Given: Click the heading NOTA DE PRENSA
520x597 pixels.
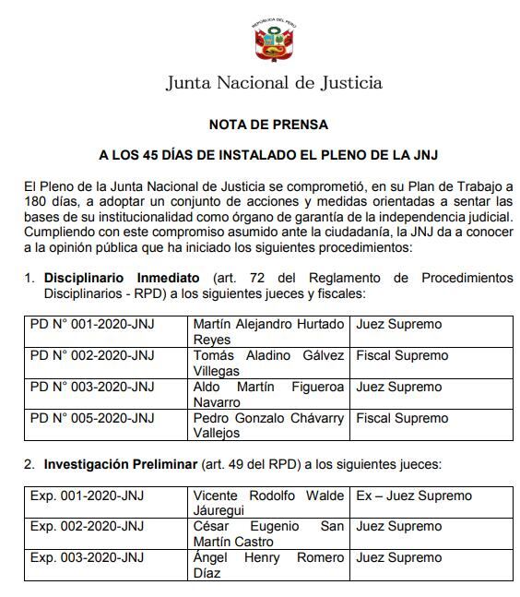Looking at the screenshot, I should (267, 124).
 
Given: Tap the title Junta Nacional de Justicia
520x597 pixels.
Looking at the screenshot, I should (274, 83).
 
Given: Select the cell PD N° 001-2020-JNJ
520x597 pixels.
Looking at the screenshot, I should (92, 325).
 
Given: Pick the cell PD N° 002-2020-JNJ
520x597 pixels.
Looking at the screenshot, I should (92, 355).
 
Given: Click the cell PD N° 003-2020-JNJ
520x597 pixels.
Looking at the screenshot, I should (92, 388).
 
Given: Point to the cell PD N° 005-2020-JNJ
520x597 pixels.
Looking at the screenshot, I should (92, 418).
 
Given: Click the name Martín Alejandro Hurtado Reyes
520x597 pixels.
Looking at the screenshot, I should (268, 331).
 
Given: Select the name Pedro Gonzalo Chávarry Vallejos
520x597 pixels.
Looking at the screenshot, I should (268, 425).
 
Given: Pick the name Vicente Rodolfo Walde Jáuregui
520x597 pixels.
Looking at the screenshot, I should (268, 503).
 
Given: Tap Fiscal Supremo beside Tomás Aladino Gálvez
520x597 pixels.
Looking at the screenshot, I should (402, 355).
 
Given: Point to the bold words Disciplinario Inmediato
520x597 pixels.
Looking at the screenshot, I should (121, 277).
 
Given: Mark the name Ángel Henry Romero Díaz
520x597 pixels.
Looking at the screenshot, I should (268, 565).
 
